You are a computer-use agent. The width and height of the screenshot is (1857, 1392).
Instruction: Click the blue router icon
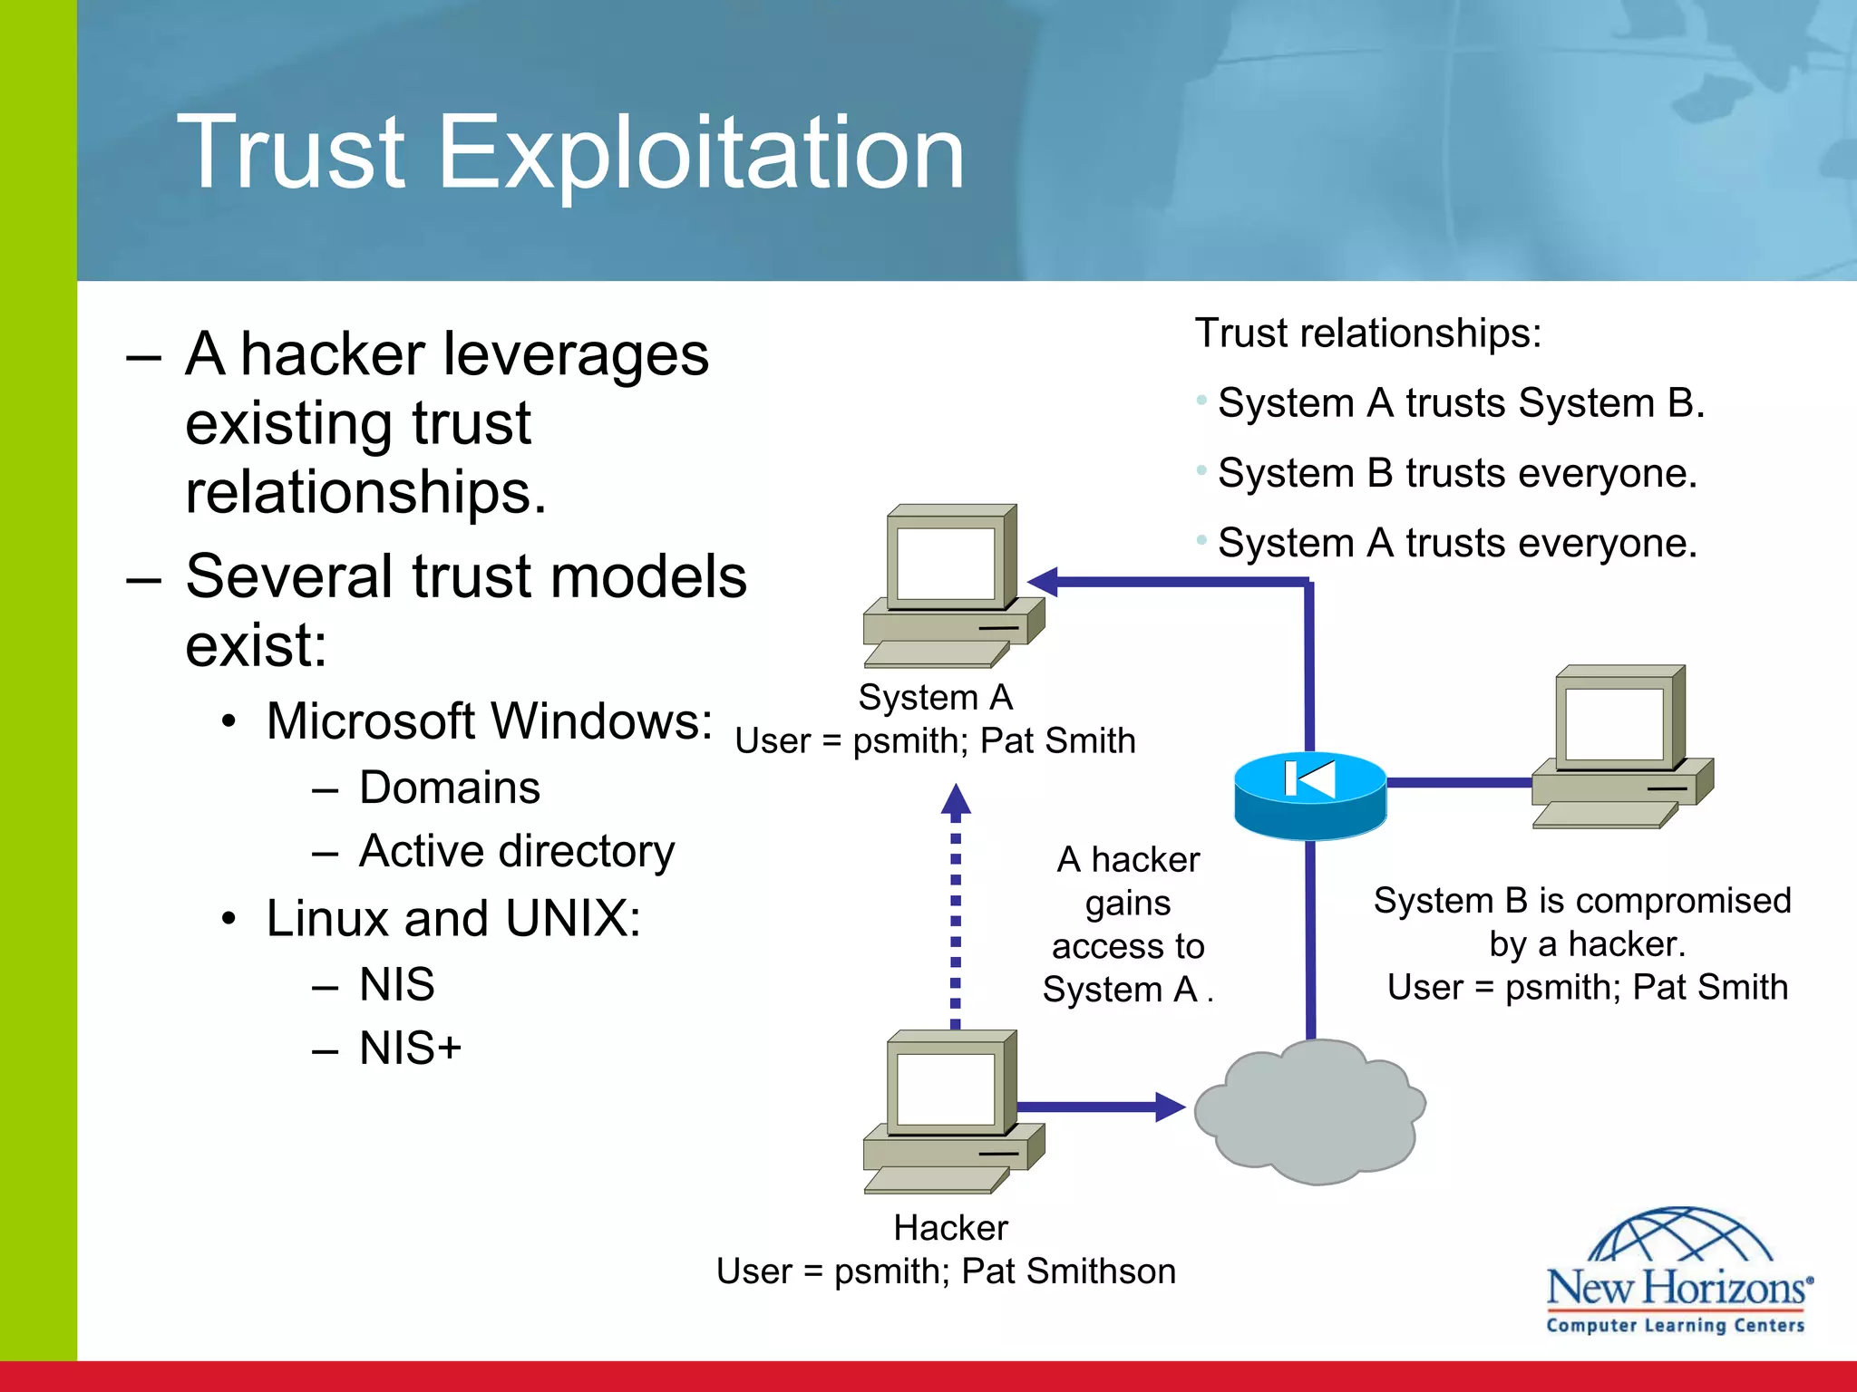[1309, 795]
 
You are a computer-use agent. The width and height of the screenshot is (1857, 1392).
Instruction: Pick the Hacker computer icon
[952, 1110]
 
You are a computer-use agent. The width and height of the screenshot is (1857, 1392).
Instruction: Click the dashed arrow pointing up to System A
[955, 906]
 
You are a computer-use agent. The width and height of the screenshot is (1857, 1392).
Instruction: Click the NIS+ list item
[410, 1049]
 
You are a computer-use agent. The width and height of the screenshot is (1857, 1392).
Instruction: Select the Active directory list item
[516, 851]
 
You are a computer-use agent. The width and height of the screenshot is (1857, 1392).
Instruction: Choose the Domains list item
[450, 787]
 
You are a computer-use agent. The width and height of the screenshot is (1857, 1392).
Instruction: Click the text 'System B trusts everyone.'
[1456, 473]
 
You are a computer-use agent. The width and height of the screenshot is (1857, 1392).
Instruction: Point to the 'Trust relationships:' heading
[1367, 333]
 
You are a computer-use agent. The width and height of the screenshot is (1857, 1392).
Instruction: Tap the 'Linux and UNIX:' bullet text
[453, 918]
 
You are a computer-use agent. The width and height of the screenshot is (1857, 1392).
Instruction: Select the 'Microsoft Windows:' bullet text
[490, 721]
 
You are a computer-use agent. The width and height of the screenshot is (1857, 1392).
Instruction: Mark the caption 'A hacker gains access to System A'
[1128, 924]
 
